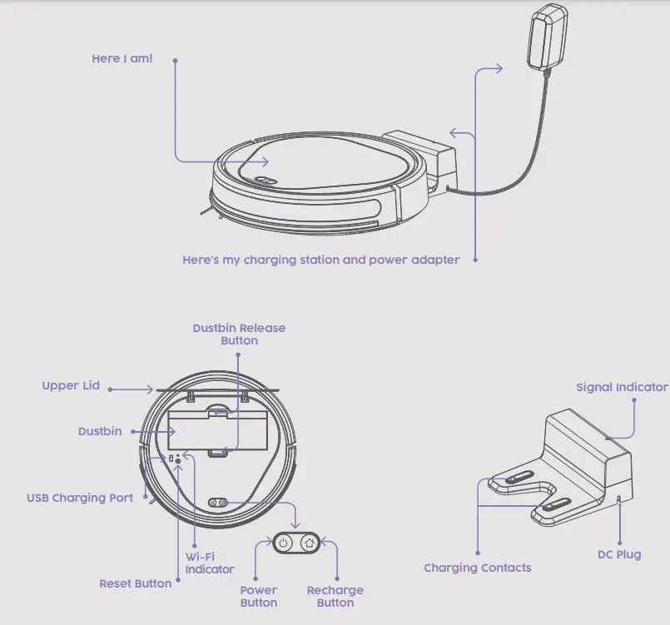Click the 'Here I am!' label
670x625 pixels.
point(122,59)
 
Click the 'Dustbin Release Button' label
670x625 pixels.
point(239,335)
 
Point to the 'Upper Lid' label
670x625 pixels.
point(71,386)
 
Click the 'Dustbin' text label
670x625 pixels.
point(100,431)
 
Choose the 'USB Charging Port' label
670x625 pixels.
point(80,499)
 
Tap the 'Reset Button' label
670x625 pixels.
point(135,583)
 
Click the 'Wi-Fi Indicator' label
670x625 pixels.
point(209,563)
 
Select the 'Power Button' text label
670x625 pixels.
point(259,597)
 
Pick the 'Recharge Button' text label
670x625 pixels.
point(335,597)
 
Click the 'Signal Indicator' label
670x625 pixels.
point(622,387)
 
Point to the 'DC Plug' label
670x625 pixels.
point(619,554)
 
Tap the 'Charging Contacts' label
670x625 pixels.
point(477,568)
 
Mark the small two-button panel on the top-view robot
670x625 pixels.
point(218,502)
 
